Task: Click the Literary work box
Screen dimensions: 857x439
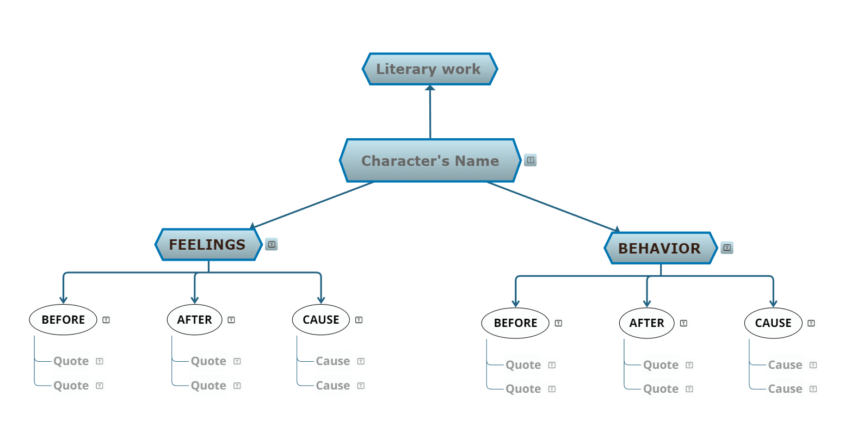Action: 430,69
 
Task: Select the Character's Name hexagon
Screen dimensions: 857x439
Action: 430,160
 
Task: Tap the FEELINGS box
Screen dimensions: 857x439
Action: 208,245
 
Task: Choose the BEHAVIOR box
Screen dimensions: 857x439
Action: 661,248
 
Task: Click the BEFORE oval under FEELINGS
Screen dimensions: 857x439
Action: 63,320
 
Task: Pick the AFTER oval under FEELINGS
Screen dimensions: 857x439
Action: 194,320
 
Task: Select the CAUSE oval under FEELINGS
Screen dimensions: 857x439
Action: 321,320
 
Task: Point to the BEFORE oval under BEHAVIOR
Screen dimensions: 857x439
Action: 515,323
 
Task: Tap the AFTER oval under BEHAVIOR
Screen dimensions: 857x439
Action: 646,323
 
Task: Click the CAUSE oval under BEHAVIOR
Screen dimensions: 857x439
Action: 773,323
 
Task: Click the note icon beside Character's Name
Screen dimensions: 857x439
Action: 531,160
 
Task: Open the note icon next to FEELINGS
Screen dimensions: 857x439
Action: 272,244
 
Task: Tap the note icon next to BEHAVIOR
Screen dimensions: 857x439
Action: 727,248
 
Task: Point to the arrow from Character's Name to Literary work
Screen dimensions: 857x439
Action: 430,112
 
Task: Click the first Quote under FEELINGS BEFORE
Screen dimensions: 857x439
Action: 71,361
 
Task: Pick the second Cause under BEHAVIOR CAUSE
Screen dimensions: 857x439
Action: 785,388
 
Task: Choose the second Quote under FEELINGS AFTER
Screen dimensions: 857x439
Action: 208,386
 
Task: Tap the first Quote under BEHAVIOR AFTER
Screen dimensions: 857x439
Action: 661,365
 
